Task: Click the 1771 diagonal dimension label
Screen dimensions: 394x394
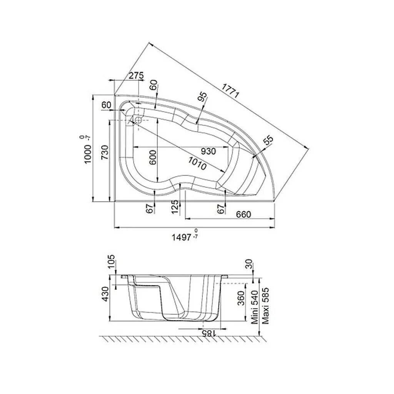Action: (230, 90)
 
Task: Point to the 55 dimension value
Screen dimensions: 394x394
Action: (267, 141)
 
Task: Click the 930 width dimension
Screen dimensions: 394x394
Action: (208, 151)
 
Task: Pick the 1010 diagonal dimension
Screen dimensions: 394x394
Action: (197, 163)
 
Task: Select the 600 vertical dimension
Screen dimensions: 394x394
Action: (152, 157)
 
